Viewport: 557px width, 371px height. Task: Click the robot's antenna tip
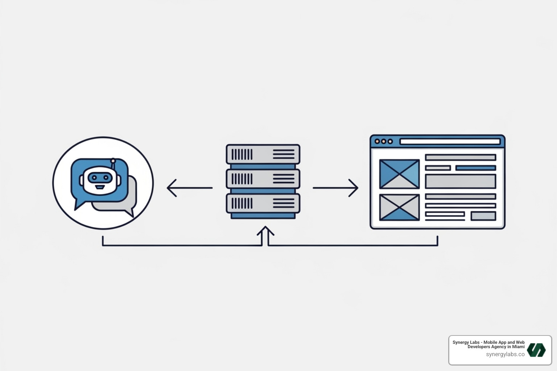(113, 160)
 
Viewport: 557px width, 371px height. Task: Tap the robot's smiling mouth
(99, 187)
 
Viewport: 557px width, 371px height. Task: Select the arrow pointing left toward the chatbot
(189, 188)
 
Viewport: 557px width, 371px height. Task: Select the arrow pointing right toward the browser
(335, 188)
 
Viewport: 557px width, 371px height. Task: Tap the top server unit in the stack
(263, 154)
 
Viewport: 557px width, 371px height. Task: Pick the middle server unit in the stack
(263, 179)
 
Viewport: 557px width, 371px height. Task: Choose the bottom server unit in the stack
(263, 203)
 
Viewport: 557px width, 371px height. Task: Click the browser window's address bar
(450, 141)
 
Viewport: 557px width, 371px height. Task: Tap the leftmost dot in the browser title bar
(377, 141)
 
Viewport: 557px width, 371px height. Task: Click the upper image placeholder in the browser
(399, 174)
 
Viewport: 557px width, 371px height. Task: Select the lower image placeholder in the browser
(399, 208)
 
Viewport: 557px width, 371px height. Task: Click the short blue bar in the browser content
(475, 168)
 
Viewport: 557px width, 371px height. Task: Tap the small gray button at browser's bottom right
(483, 216)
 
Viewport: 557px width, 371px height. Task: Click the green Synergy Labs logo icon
(536, 350)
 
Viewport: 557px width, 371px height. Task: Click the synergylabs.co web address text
(505, 354)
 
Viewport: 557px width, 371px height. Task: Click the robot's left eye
(93, 178)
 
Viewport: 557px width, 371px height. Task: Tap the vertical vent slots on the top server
(242, 154)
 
